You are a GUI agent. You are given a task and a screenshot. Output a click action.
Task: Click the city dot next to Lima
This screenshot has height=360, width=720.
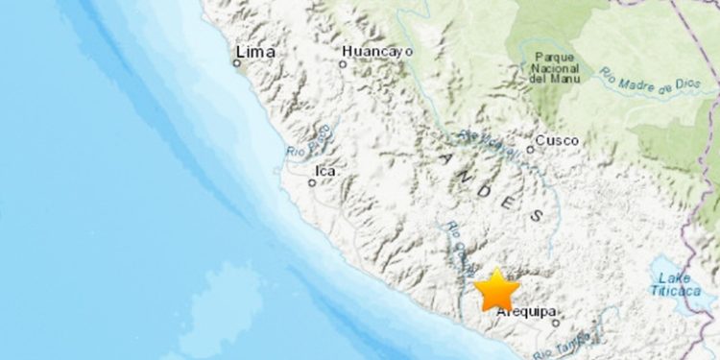coord(237,63)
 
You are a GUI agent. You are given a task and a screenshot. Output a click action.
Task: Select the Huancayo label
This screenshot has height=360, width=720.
coord(377,50)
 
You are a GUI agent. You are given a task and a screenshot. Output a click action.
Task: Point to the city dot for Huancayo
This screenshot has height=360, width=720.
coord(343,64)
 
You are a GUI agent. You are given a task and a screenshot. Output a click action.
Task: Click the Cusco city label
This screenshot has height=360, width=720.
coord(558,140)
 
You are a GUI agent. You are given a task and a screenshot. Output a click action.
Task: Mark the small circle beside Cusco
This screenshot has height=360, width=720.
coord(530,149)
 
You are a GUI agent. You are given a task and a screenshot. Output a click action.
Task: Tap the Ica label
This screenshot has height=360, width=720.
coord(325,172)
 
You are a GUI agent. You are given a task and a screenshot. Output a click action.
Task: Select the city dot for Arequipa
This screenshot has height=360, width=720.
coord(555,323)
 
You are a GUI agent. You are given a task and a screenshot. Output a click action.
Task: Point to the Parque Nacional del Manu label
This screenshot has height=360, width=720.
coord(556,68)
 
